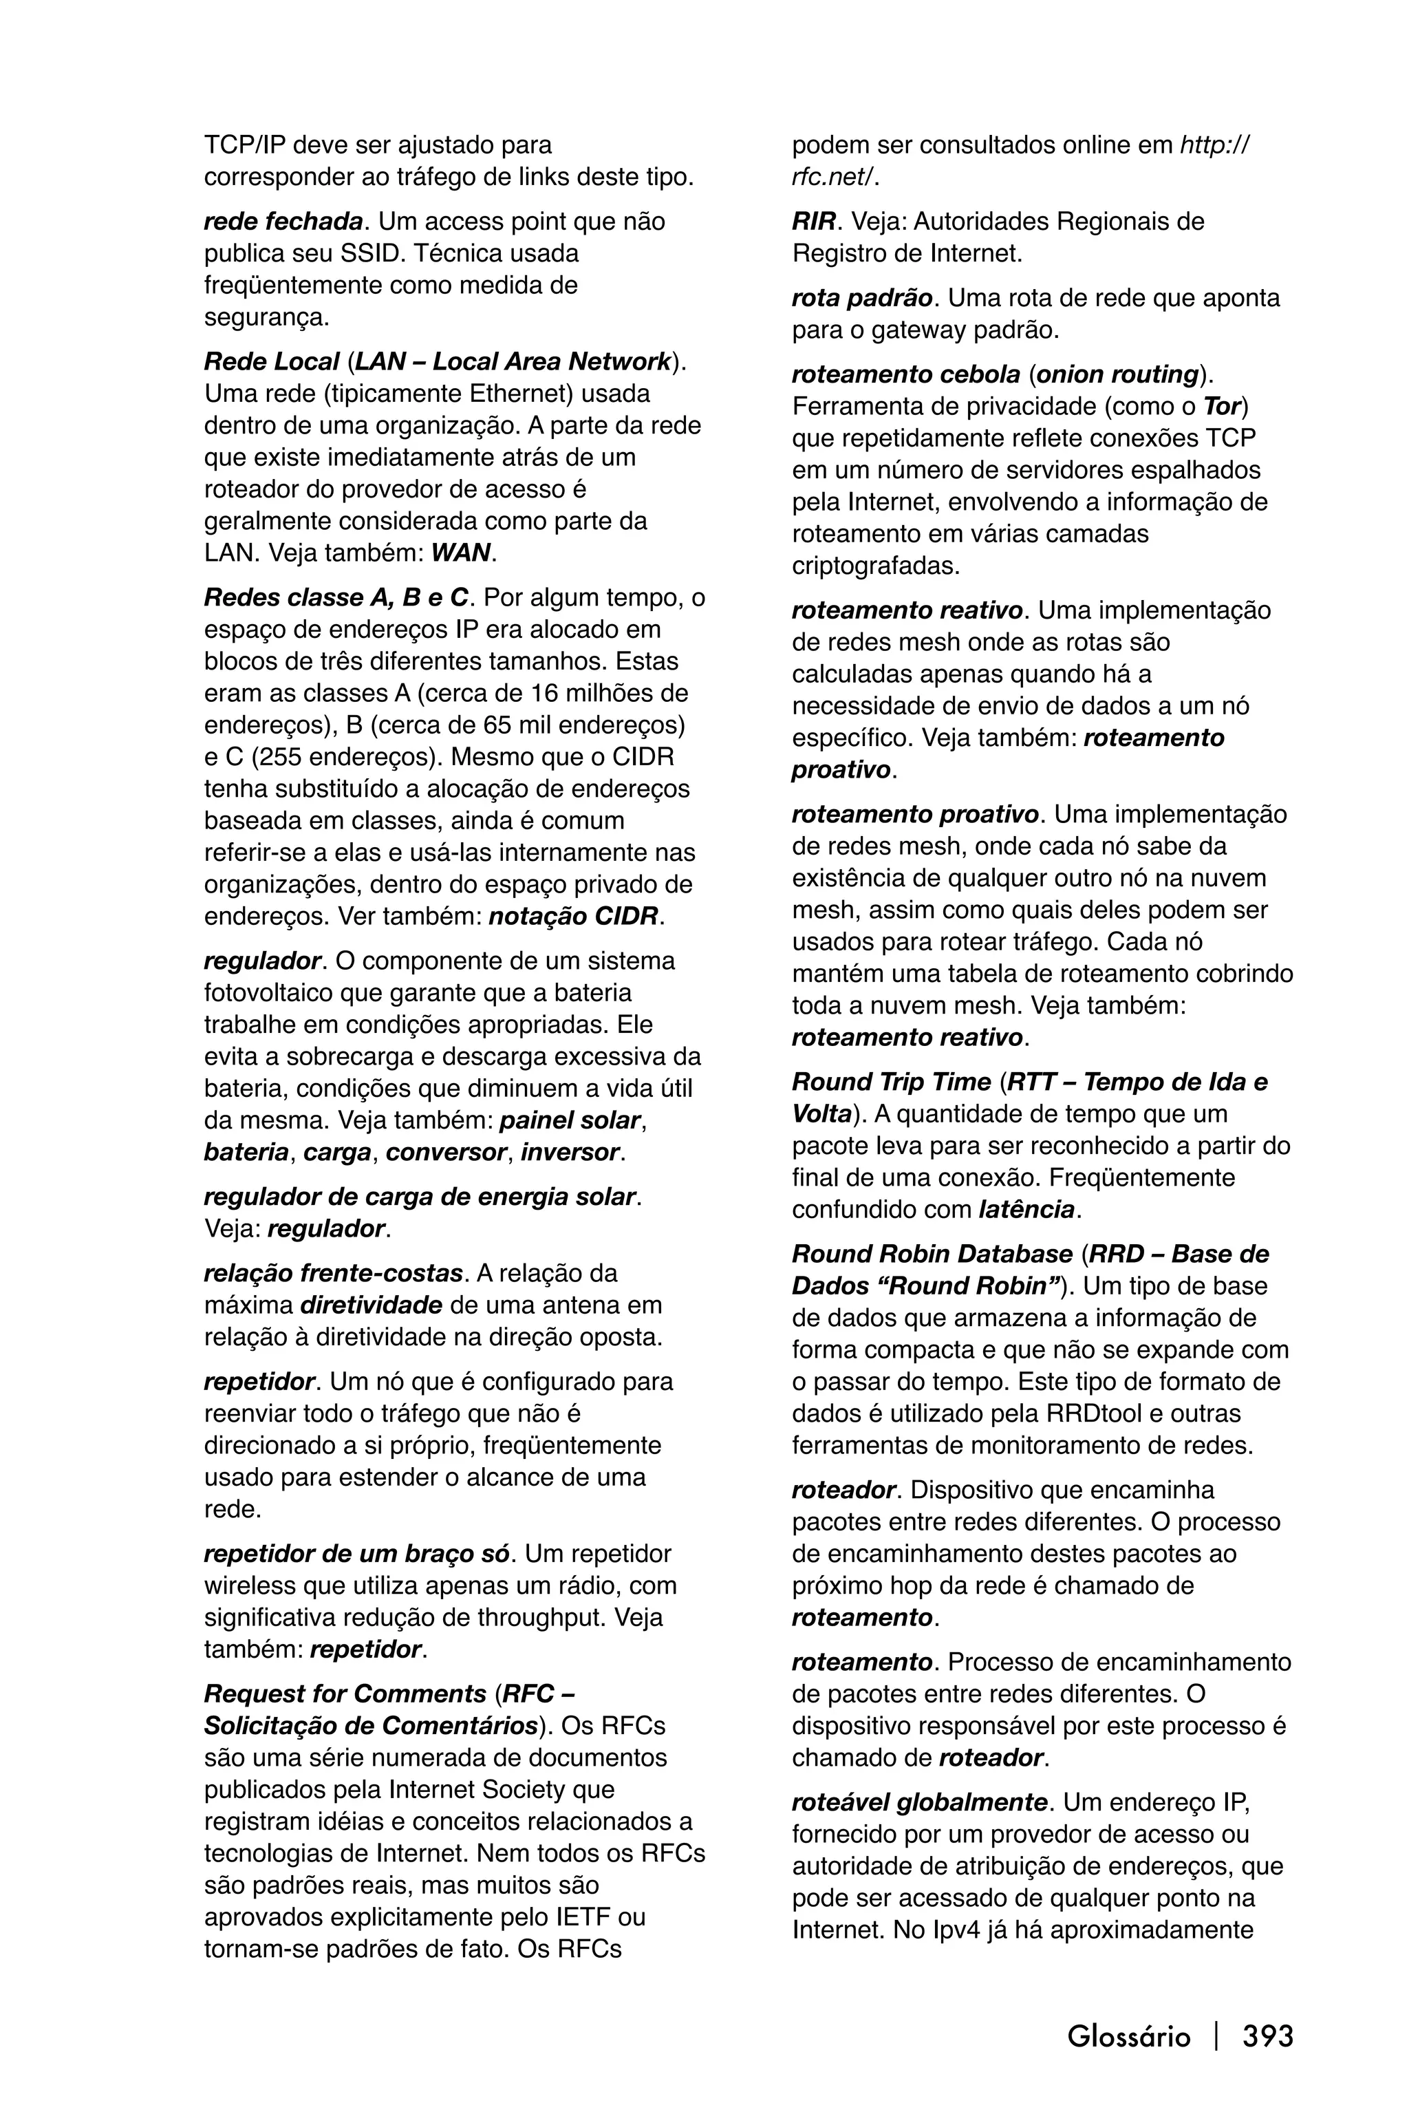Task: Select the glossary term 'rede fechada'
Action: [x=283, y=221]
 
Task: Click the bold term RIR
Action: [x=813, y=221]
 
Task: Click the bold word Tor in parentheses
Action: [x=1222, y=406]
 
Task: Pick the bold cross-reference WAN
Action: [x=461, y=552]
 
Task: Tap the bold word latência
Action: [x=1026, y=1209]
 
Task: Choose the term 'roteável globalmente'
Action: [x=919, y=1802]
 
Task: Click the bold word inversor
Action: [x=570, y=1151]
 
